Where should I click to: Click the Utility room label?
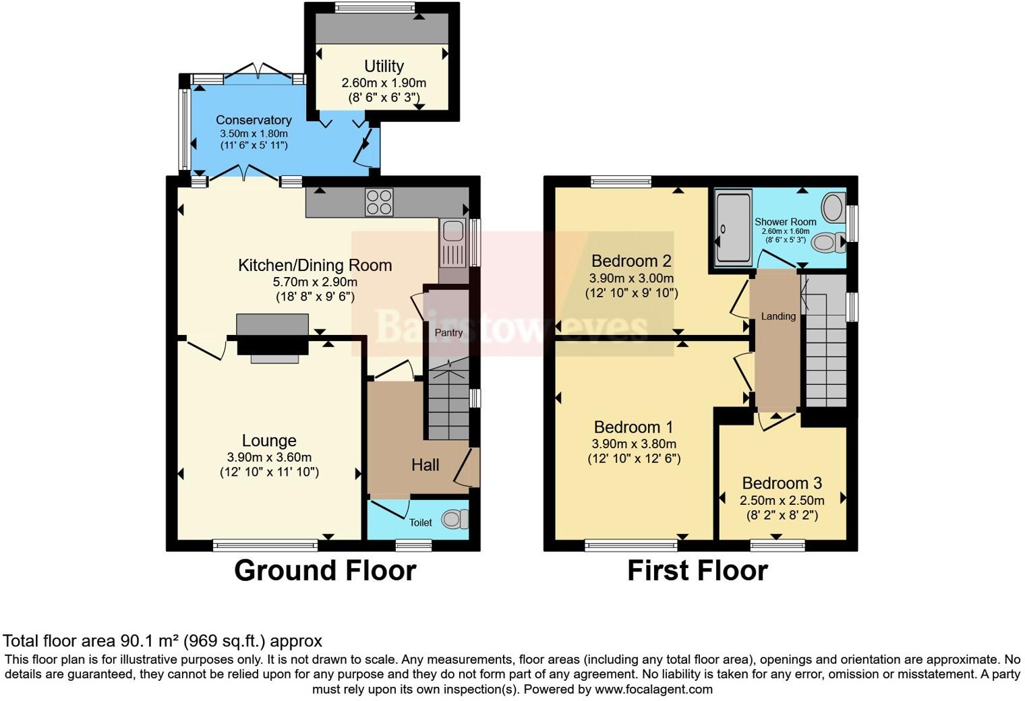point(384,66)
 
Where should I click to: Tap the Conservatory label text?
point(254,120)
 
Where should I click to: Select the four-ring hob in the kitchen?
point(379,202)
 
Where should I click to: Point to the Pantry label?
point(448,332)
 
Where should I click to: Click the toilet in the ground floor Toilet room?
point(455,520)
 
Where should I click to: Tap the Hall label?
point(425,464)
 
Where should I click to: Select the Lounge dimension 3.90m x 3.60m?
point(268,457)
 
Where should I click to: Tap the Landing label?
point(778,316)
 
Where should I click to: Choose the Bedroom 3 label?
point(782,483)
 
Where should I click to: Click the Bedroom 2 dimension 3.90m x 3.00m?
point(631,278)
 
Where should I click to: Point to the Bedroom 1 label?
point(633,427)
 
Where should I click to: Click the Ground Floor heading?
point(324,570)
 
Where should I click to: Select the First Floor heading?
point(697,570)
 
